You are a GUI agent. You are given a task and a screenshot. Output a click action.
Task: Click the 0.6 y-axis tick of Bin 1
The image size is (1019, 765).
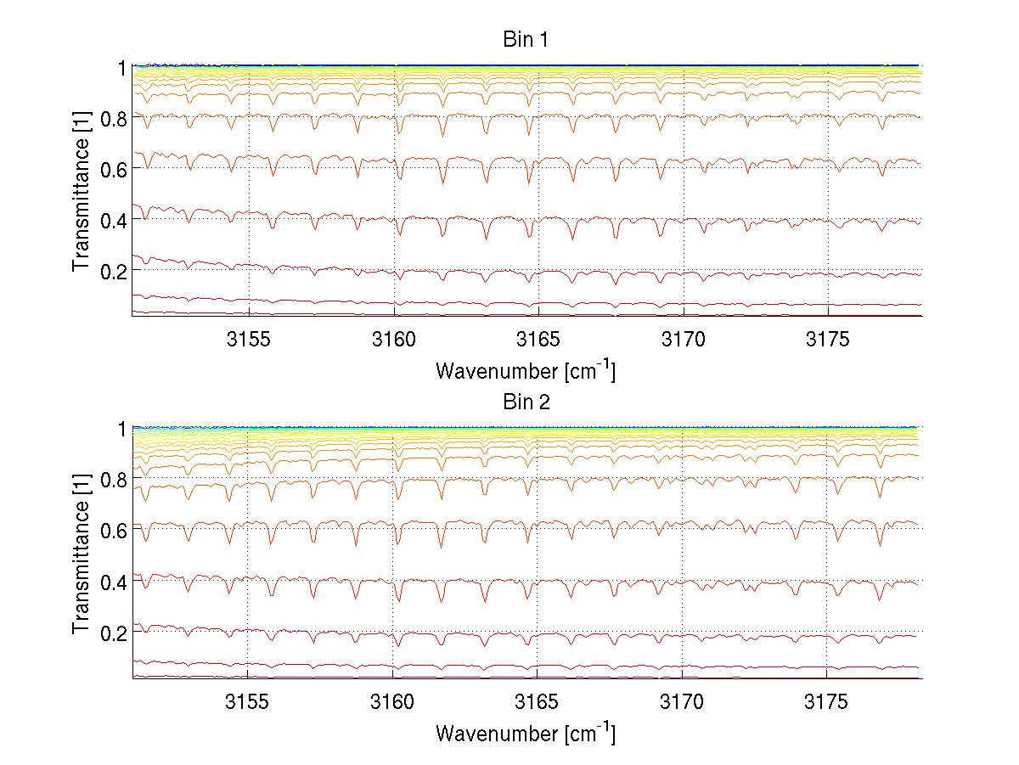[112, 169]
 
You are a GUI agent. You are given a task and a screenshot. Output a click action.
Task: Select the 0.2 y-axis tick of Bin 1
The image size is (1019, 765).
[112, 270]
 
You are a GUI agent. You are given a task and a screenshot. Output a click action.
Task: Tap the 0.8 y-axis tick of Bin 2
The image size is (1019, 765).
[112, 480]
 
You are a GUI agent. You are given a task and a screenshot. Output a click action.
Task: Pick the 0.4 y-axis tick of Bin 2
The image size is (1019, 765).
[112, 582]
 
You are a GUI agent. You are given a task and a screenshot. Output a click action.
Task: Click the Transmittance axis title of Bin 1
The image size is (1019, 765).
[82, 191]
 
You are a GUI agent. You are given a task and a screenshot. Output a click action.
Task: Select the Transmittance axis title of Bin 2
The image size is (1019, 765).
[82, 554]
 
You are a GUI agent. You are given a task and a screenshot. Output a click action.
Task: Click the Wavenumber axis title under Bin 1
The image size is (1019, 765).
[526, 370]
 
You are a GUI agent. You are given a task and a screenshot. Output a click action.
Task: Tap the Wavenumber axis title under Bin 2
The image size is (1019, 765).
[526, 733]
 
